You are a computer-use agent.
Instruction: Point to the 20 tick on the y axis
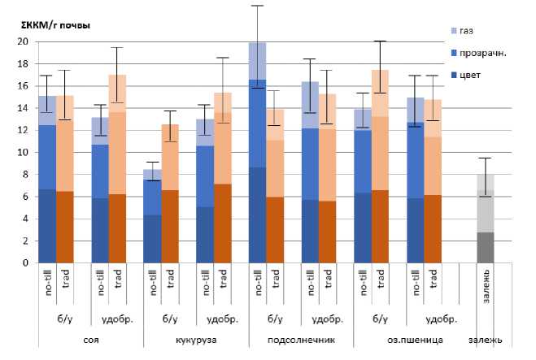click(23, 41)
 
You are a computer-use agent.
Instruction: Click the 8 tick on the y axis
click(25, 175)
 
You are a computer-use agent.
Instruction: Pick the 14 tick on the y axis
click(23, 108)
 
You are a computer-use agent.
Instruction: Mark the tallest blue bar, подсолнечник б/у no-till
click(257, 154)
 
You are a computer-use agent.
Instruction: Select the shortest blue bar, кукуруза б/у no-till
click(152, 216)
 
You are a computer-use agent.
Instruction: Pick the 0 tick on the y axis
click(25, 263)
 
